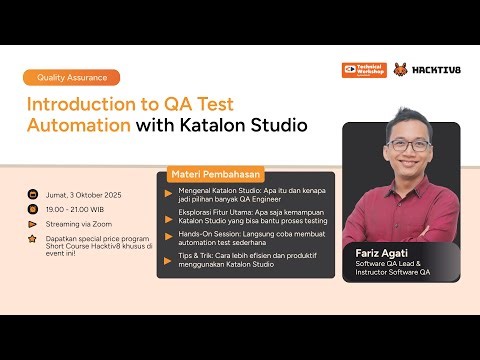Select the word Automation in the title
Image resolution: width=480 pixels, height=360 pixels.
(79, 126)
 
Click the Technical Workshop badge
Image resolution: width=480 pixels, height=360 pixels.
(363, 71)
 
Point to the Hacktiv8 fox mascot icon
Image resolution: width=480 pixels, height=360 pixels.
(401, 71)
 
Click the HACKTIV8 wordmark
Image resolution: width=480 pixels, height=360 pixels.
(436, 71)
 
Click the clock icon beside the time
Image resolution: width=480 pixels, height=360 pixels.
(32, 210)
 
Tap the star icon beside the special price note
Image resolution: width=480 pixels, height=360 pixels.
(32, 240)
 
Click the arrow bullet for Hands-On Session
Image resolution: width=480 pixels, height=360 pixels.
(169, 231)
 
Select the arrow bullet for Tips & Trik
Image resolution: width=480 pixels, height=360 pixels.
(169, 255)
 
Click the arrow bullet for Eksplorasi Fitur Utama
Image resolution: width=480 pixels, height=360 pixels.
(169, 210)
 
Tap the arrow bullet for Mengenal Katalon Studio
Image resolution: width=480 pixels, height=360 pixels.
(169, 188)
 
